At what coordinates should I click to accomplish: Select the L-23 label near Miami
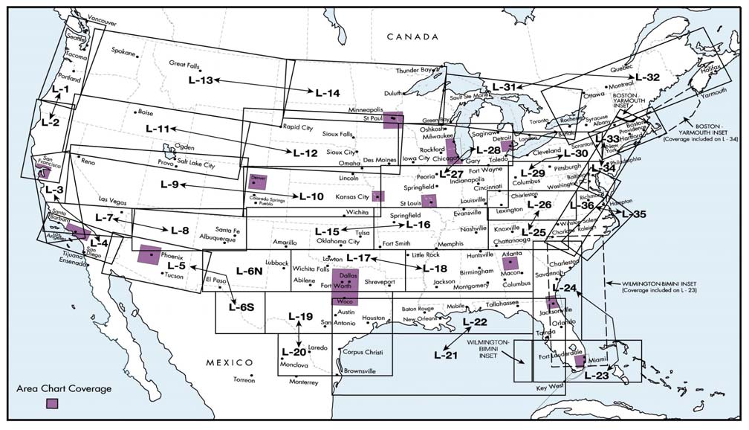[597, 376]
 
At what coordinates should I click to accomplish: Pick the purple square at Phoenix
[150, 254]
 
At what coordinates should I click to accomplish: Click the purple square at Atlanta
[512, 263]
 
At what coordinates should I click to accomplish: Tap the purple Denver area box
[258, 181]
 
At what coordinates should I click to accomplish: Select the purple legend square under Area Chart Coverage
[52, 403]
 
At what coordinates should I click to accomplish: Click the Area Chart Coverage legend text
[63, 388]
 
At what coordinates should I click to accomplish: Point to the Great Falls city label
[186, 64]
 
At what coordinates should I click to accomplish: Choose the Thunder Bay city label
[414, 70]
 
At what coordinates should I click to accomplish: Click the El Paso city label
[215, 280]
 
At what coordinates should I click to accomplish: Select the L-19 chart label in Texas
[301, 316]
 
